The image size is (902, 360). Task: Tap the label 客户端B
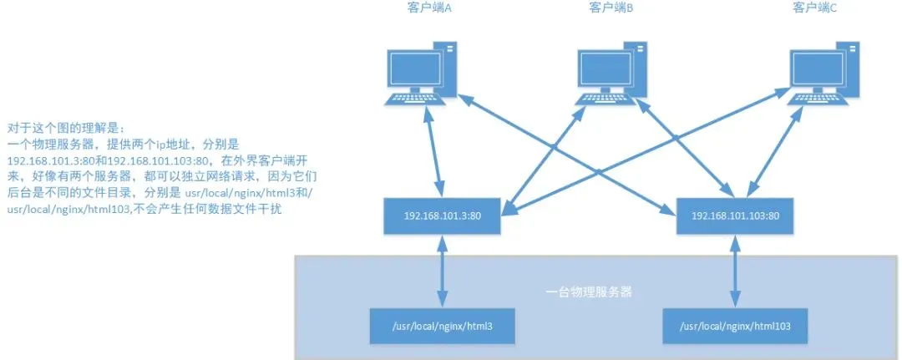[x=611, y=8]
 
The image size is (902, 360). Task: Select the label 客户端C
[x=814, y=8]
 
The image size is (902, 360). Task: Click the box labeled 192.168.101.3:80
[x=442, y=215]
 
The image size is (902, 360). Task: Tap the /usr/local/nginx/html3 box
[x=443, y=325]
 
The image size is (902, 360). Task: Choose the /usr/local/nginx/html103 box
[x=735, y=325]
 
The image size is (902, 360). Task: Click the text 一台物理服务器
[x=589, y=292]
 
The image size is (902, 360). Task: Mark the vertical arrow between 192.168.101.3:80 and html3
[x=442, y=270]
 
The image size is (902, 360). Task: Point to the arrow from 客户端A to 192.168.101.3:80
[x=433, y=150]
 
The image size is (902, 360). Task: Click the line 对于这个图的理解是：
[x=65, y=129]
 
